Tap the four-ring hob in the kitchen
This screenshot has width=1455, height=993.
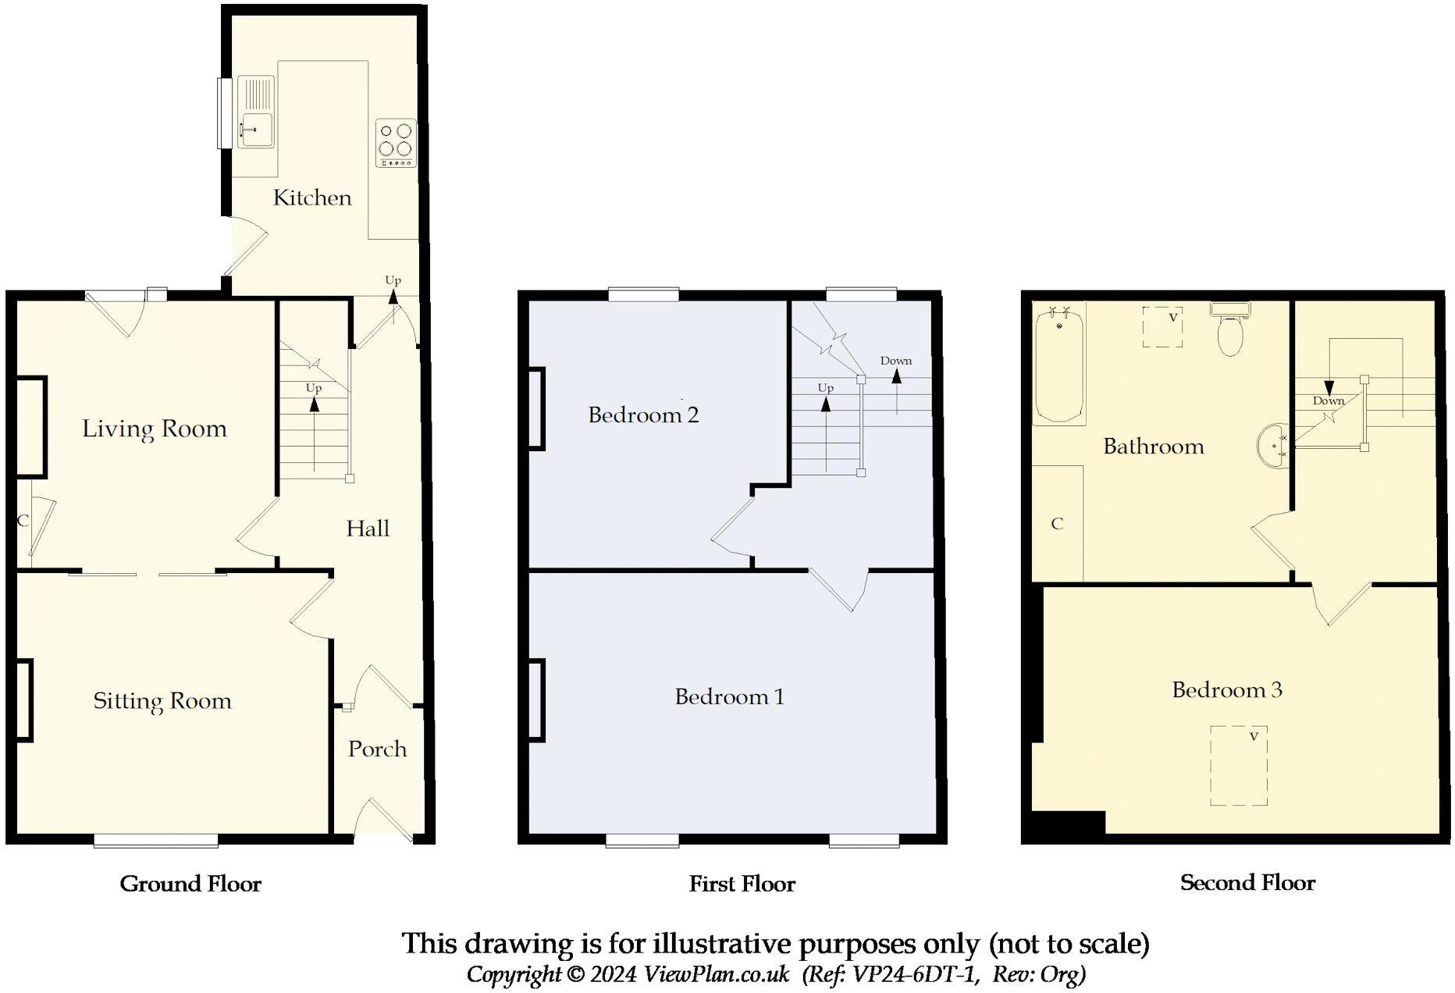pos(396,142)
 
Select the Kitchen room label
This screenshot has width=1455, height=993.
pos(312,198)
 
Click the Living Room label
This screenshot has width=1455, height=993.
pos(155,429)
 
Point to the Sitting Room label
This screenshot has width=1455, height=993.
pos(162,701)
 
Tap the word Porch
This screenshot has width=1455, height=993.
pos(377,749)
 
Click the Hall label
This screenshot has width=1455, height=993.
pos(368,529)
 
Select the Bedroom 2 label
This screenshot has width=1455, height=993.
pos(643,415)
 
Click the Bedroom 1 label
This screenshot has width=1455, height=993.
pos(729,696)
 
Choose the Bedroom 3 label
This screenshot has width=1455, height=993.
pos(1227,689)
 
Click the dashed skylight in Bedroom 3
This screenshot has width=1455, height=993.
pos(1239,766)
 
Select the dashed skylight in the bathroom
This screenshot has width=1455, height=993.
pos(1162,327)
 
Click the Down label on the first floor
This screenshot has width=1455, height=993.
pos(895,361)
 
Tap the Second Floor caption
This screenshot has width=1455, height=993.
pos(1247,883)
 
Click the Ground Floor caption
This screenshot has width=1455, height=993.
pos(190,884)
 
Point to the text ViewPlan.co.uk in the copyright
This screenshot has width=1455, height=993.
pos(716,974)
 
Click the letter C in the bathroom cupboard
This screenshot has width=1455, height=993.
pos(1057,524)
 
